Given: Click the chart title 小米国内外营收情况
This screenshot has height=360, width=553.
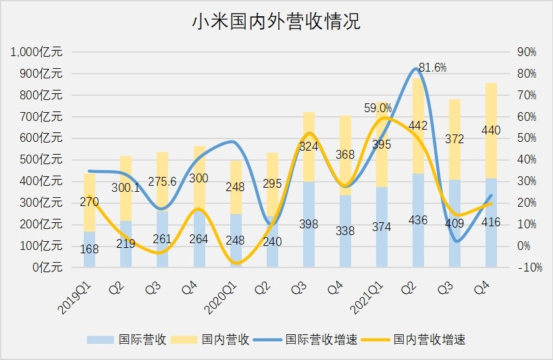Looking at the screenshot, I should [x=276, y=22].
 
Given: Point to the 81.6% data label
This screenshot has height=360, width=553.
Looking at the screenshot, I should [x=432, y=67].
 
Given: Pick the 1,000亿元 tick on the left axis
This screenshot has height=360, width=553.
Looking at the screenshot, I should [x=36, y=52].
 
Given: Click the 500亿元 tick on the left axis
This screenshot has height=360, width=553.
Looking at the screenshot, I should [x=43, y=159].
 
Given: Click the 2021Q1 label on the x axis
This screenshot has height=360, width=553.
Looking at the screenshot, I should [x=367, y=297].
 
